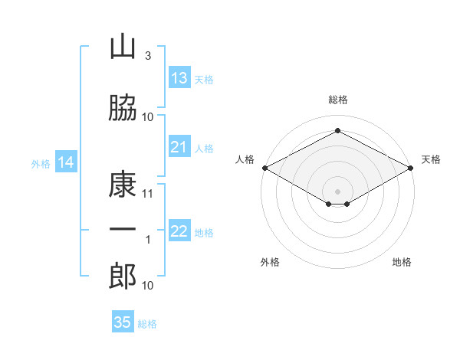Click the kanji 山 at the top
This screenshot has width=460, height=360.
tap(123, 47)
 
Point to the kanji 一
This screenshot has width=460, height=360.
tap(123, 230)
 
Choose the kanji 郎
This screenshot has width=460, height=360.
tap(123, 277)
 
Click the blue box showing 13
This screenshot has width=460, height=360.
tap(179, 78)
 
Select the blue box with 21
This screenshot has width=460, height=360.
tap(179, 147)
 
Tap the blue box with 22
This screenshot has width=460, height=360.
tap(179, 231)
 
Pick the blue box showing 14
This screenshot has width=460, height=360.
tap(65, 162)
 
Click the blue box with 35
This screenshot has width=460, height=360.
tap(123, 322)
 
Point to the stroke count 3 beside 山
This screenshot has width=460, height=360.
tap(147, 55)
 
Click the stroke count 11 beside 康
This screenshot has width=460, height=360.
tap(148, 193)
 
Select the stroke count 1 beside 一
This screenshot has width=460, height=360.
tap(149, 240)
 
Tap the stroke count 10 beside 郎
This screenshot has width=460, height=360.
tap(148, 285)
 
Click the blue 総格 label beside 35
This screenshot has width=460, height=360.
tap(147, 324)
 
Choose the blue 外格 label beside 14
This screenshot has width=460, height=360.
tap(41, 163)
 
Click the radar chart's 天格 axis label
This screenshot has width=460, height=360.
tap(431, 159)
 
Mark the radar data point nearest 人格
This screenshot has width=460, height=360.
tap(264, 167)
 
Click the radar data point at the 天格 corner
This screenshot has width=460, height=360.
tap(411, 167)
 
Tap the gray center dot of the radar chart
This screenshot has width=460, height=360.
tap(337, 191)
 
